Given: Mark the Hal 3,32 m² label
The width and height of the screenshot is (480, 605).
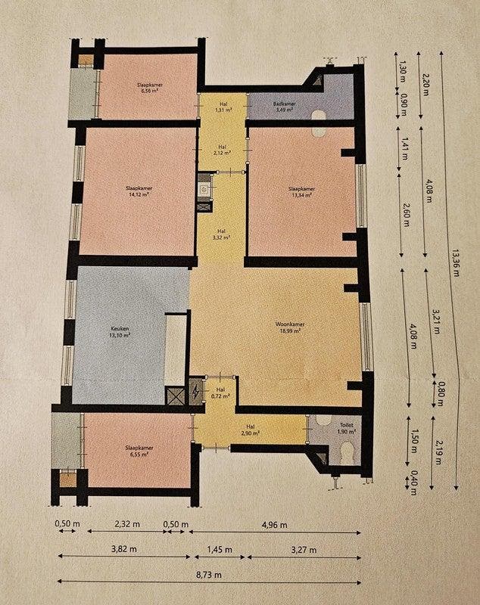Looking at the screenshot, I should pos(221,234).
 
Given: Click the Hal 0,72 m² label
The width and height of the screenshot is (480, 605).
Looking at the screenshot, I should pos(220,392).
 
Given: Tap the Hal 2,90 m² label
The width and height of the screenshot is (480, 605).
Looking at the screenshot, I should pos(251,432).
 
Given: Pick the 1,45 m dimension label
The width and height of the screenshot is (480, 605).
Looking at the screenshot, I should pos(217,549).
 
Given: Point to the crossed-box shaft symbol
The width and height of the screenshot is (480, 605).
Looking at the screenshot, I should pos(176,395).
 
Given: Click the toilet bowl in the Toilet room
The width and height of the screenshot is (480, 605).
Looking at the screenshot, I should pos(348,451).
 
